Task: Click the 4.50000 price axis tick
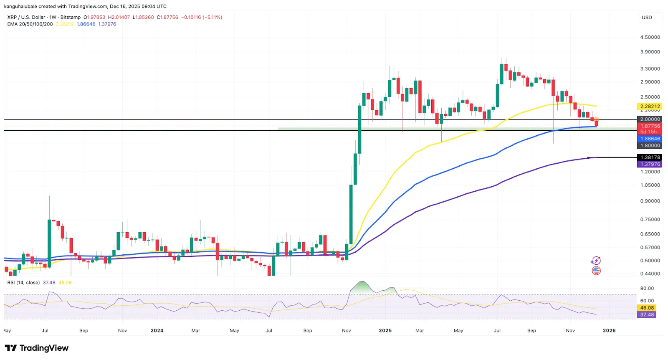pyautogui.click(x=650, y=37)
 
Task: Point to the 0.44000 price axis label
pyautogui.click(x=650, y=274)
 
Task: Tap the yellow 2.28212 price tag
pyautogui.click(x=650, y=106)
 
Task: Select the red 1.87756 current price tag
pyautogui.click(x=650, y=126)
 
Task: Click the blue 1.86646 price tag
pyautogui.click(x=650, y=139)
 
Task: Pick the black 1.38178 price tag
pyautogui.click(x=650, y=157)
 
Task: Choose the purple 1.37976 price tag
pyautogui.click(x=650, y=164)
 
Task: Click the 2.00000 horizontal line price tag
pyautogui.click(x=650, y=119)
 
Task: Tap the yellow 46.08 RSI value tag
pyautogui.click(x=647, y=308)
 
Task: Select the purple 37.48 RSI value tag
pyautogui.click(x=647, y=314)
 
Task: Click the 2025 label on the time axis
pyautogui.click(x=385, y=330)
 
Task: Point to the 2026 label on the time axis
pyautogui.click(x=609, y=330)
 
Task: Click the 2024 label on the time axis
pyautogui.click(x=157, y=330)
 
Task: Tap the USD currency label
pyautogui.click(x=647, y=18)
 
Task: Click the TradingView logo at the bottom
pyautogui.click(x=37, y=348)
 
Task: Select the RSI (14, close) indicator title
pyautogui.click(x=23, y=283)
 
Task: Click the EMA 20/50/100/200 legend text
pyautogui.click(x=30, y=24)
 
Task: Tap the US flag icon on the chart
pyautogui.click(x=596, y=271)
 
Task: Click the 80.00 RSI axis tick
pyautogui.click(x=647, y=288)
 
